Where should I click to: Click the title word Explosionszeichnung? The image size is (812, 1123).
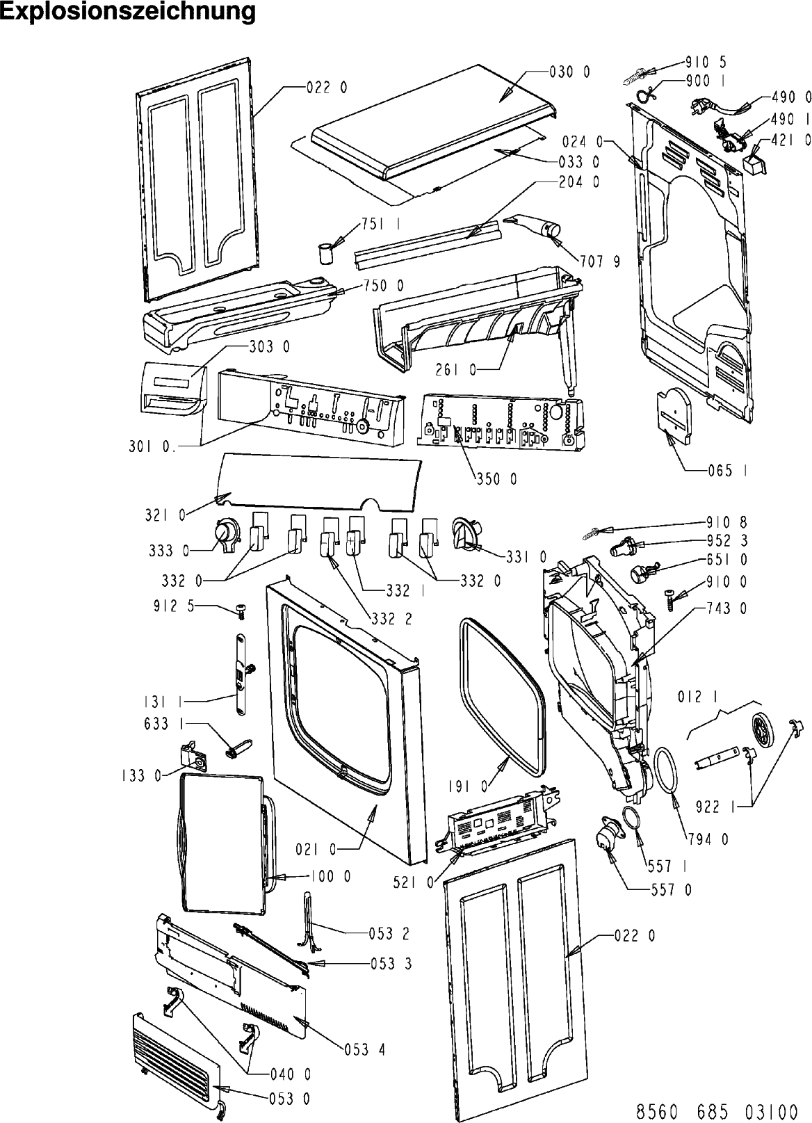(x=128, y=12)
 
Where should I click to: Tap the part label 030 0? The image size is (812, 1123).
(x=570, y=72)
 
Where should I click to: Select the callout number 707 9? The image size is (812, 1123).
(x=600, y=261)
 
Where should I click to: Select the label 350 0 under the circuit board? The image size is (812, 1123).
(x=496, y=479)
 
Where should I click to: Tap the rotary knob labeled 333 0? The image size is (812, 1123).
(x=226, y=536)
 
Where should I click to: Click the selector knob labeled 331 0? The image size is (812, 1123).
(x=466, y=533)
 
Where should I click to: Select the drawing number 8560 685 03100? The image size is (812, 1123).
(x=717, y=1111)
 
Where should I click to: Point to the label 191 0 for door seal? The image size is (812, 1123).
(x=467, y=787)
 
